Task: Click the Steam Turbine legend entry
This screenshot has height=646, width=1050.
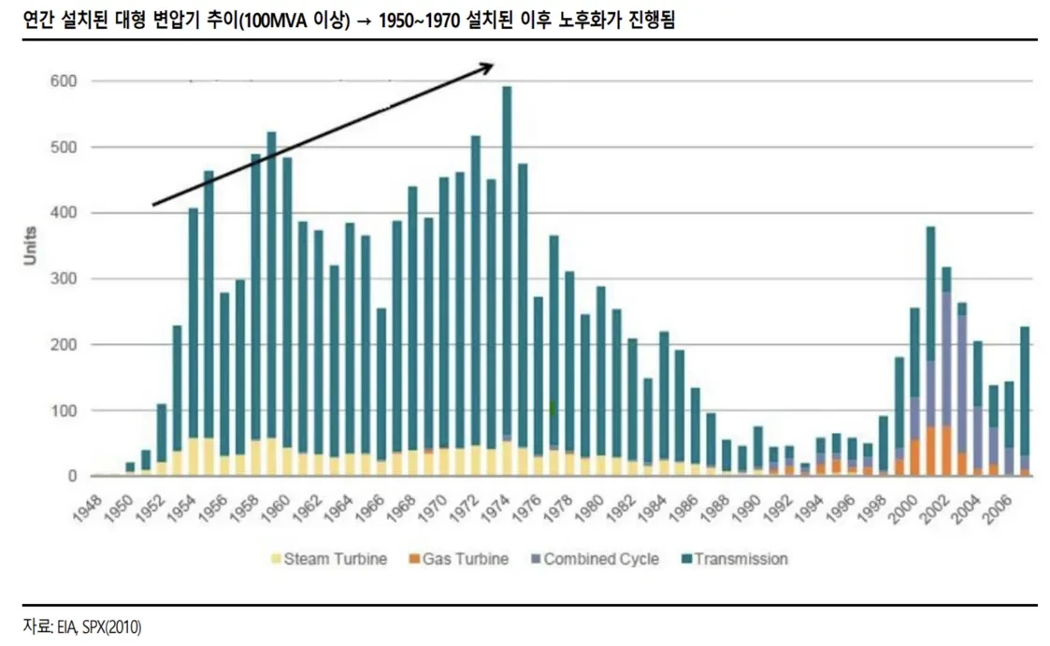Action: (330, 559)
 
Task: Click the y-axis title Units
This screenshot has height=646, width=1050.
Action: (31, 246)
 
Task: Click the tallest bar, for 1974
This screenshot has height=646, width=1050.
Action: (507, 280)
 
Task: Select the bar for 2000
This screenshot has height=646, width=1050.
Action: (915, 393)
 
